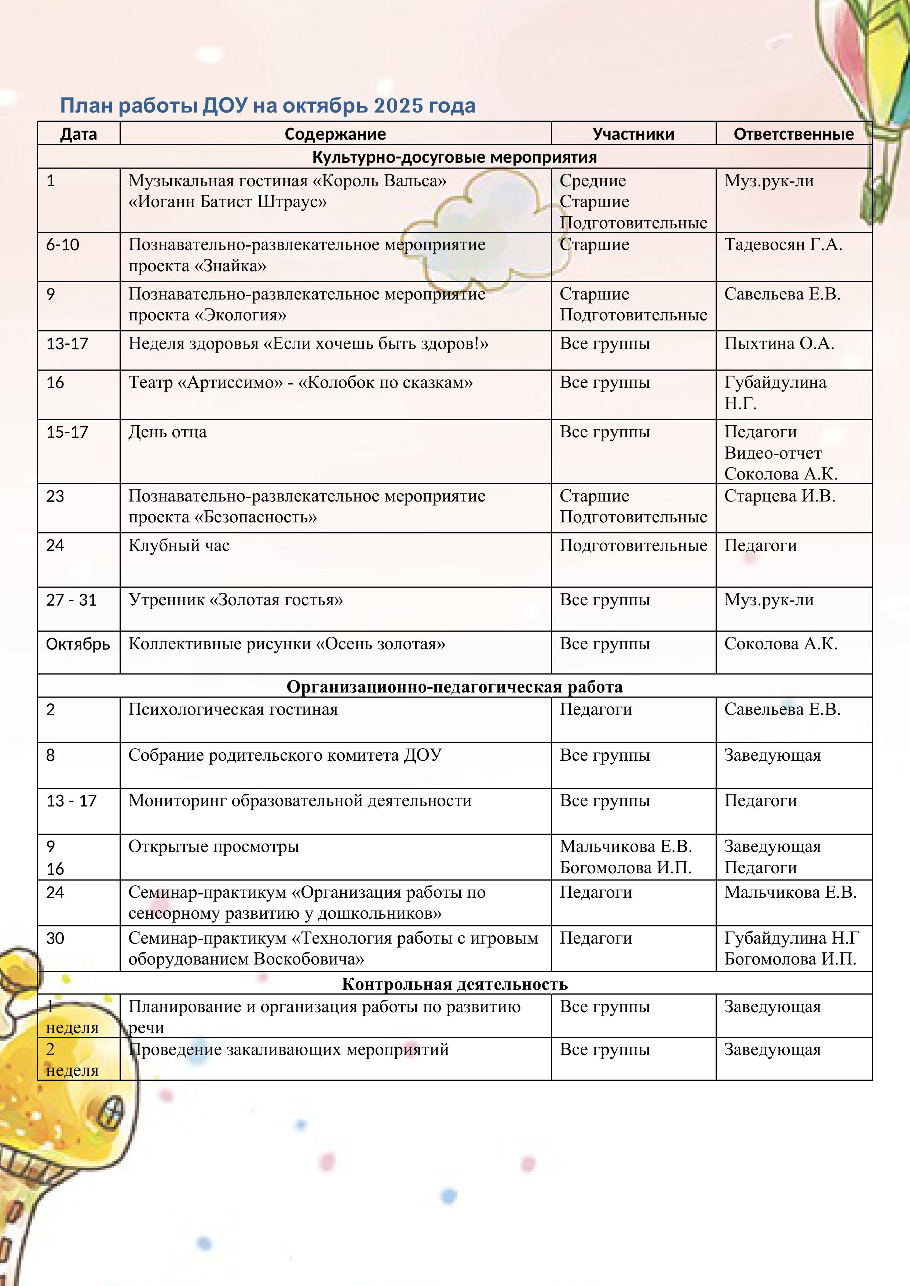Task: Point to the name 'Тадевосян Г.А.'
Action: pyautogui.click(x=783, y=245)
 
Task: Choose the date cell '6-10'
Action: pyautogui.click(x=63, y=245)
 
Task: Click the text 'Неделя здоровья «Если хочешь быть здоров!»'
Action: pyautogui.click(x=308, y=343)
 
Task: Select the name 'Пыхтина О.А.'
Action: pyautogui.click(x=779, y=343)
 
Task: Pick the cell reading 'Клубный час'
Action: pyautogui.click(x=179, y=545)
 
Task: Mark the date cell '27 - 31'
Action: pyautogui.click(x=71, y=600)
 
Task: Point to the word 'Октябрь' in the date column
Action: pyautogui.click(x=78, y=644)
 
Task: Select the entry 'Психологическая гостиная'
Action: pyautogui.click(x=233, y=710)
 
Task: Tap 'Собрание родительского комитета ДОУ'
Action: pyautogui.click(x=285, y=755)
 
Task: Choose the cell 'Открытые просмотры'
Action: pyautogui.click(x=213, y=846)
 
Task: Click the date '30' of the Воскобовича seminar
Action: pyautogui.click(x=55, y=938)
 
